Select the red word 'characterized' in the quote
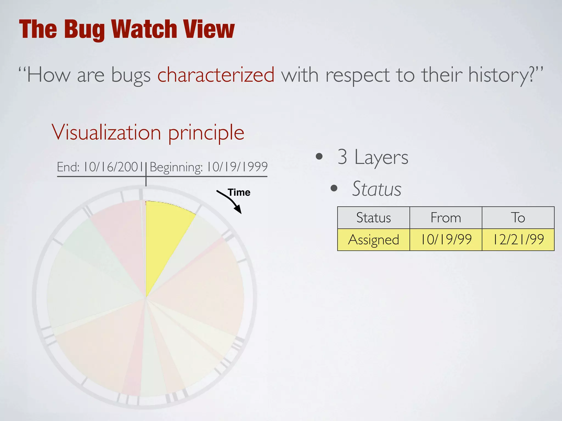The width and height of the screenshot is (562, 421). tap(216, 75)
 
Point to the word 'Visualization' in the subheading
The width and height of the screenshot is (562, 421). tap(106, 132)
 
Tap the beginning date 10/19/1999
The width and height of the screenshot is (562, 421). tap(237, 167)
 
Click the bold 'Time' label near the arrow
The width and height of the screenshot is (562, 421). tap(239, 192)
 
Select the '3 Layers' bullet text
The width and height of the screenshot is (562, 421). tap(373, 157)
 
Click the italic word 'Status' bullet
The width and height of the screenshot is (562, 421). tap(376, 189)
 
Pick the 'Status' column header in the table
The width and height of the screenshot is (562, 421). tap(373, 218)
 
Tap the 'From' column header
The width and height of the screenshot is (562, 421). tap(446, 218)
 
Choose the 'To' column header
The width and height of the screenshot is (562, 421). tap(518, 218)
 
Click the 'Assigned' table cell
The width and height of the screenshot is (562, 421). tap(373, 240)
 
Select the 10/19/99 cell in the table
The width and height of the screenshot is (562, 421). tap(446, 240)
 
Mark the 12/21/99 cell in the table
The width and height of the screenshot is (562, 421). tap(518, 240)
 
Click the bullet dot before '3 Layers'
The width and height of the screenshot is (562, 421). tap(319, 157)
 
